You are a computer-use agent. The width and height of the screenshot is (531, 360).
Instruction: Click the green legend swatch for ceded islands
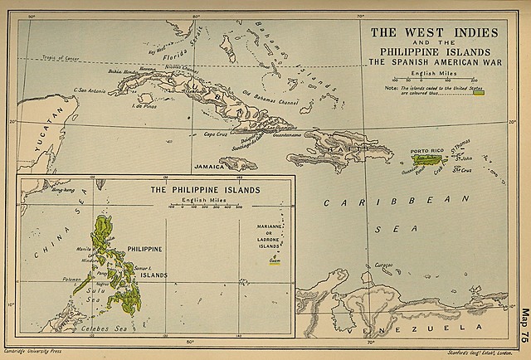coord(478,90)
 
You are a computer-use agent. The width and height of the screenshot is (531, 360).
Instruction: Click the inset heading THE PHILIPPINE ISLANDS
coord(205,190)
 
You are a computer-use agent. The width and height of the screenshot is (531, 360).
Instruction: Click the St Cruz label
coord(460,172)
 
